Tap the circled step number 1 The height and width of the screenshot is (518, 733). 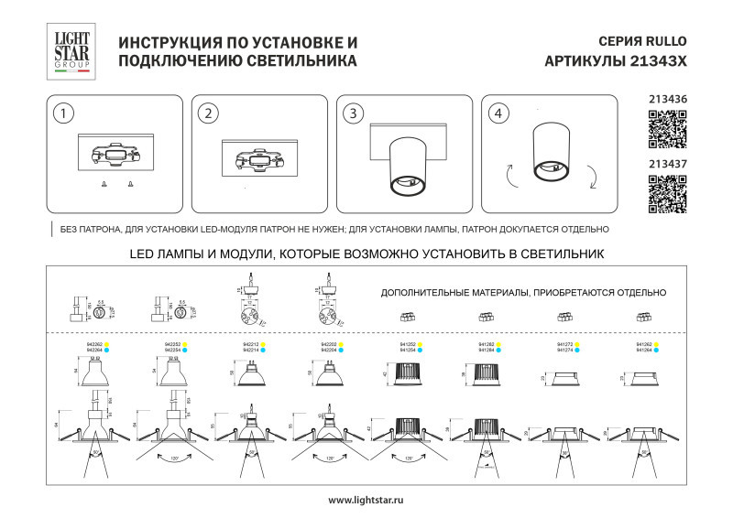pyautogui.click(x=62, y=113)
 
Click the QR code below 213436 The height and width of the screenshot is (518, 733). pyautogui.click(x=667, y=128)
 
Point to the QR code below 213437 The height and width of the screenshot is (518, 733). pyautogui.click(x=667, y=193)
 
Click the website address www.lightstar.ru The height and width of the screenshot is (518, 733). pyautogui.click(x=366, y=500)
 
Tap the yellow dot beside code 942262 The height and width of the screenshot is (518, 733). pyautogui.click(x=106, y=344)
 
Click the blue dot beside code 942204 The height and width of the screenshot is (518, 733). pyautogui.click(x=342, y=350)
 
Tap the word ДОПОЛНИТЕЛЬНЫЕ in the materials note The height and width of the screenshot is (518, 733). pyautogui.click(x=426, y=292)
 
